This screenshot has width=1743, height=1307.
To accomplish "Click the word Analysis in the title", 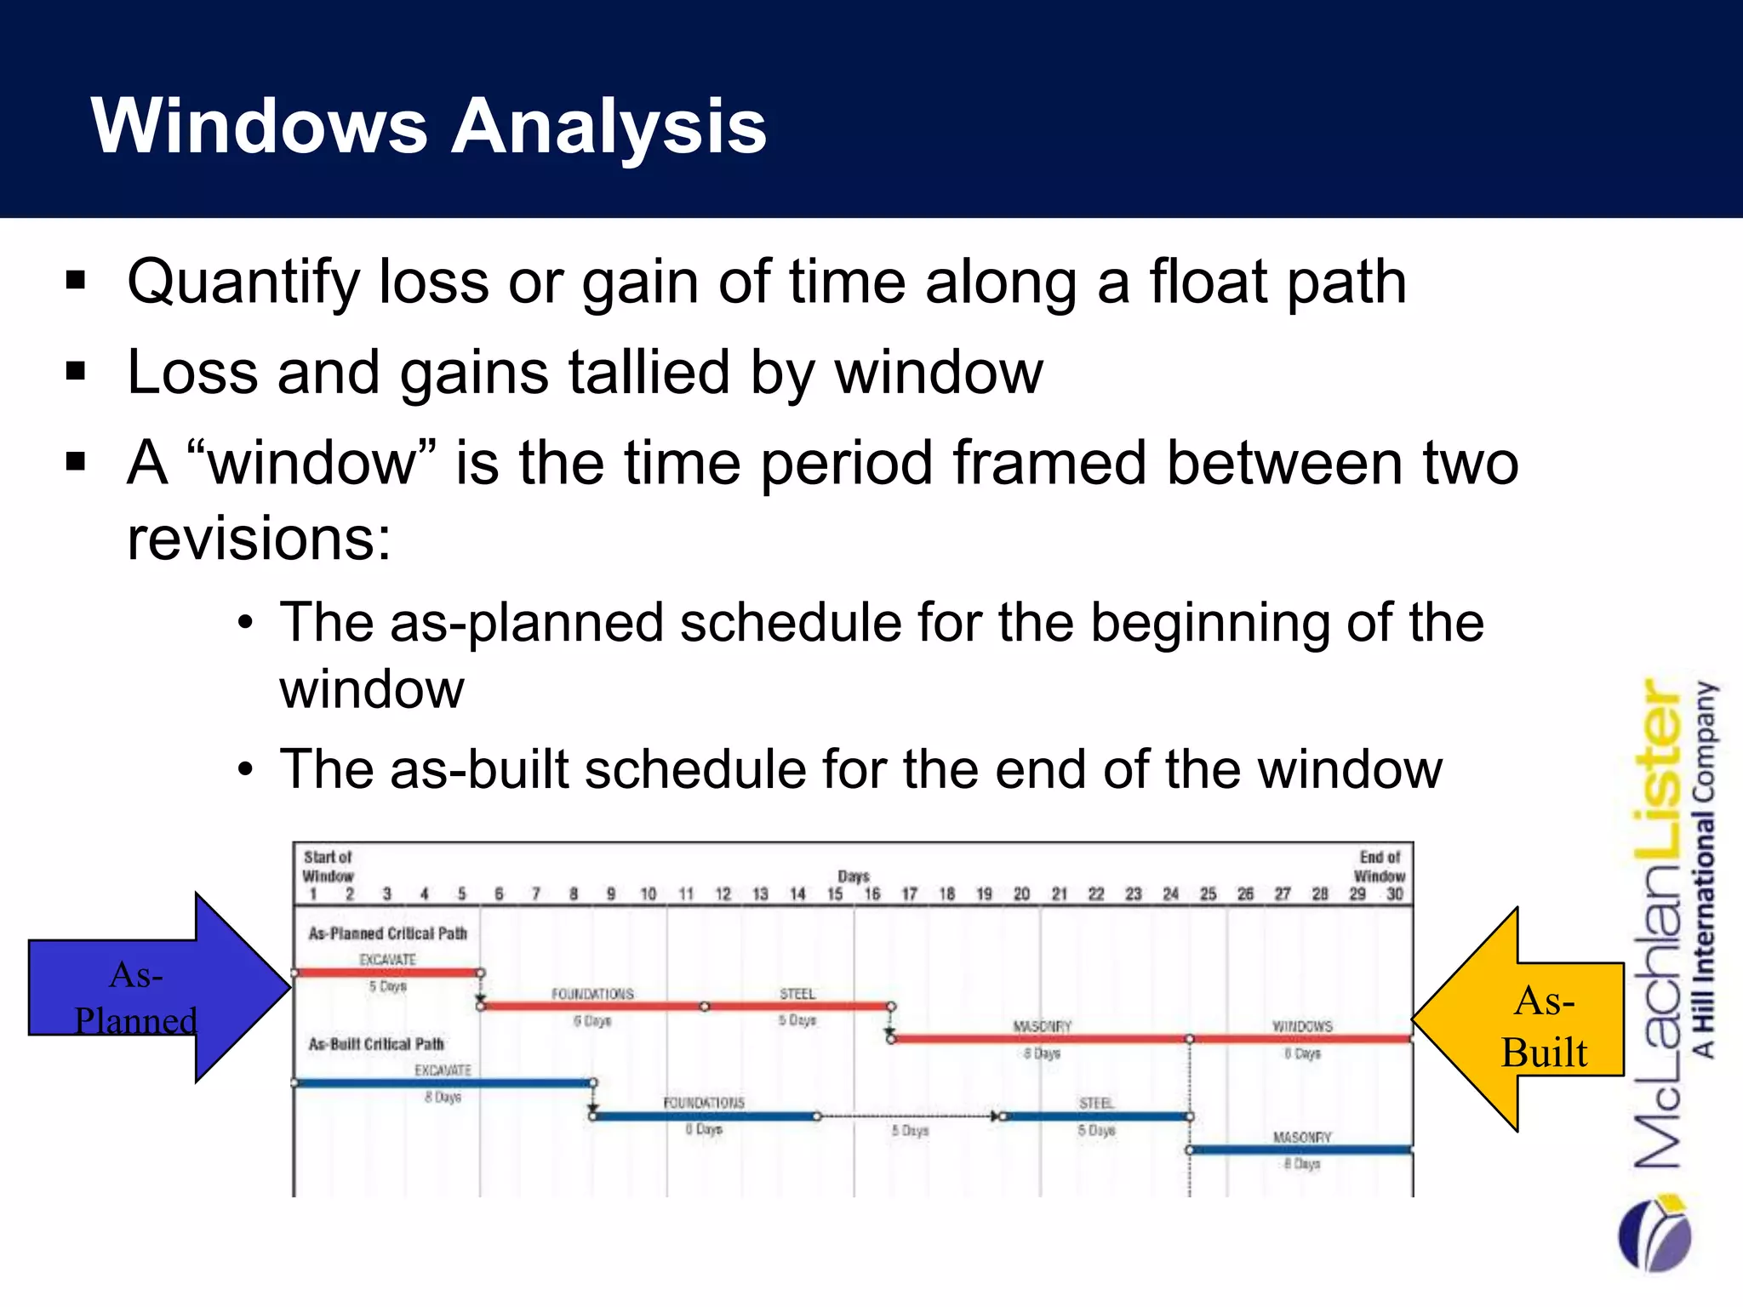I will point(609,126).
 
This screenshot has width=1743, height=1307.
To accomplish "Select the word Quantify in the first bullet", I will point(243,283).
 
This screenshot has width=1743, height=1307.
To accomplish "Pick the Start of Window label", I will point(328,866).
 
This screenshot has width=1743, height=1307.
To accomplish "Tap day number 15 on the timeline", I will point(835,893).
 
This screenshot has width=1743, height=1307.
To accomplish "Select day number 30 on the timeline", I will point(1394,893).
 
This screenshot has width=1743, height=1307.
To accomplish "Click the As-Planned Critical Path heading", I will point(388,933).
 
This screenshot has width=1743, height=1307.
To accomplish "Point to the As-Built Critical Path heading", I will point(376,1043).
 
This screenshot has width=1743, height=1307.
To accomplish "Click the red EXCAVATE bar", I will point(387,973).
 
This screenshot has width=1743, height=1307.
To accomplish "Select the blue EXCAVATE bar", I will point(443,1083).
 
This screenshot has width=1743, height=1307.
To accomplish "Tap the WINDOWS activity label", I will point(1302,1026).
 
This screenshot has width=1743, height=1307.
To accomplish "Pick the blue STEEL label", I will point(1095,1103).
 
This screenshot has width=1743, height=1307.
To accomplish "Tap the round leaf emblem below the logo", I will point(1654,1234).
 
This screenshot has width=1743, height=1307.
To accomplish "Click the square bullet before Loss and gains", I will point(76,372).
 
